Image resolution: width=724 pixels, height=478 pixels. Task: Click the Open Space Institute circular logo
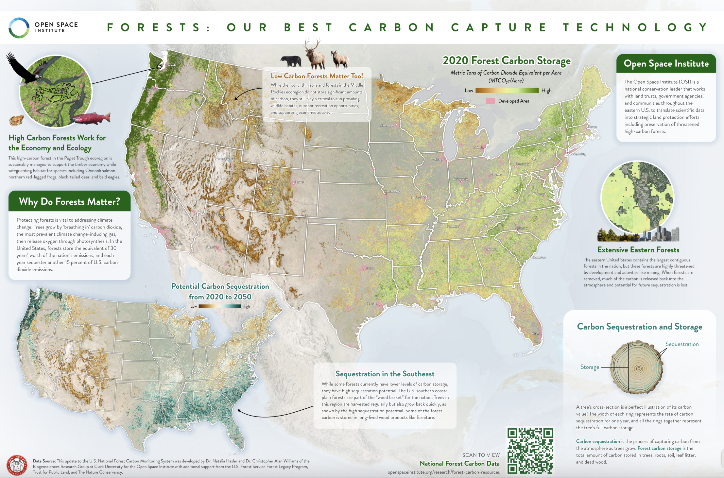click(x=19, y=28)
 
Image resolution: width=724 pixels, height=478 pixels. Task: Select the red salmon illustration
click(x=91, y=118)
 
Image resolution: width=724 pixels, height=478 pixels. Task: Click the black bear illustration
click(x=291, y=61)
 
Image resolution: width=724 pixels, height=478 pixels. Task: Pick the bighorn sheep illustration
click(x=340, y=59)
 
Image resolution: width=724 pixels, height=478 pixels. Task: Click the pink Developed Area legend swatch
click(x=490, y=101)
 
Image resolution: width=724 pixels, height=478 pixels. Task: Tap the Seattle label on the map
click(x=172, y=65)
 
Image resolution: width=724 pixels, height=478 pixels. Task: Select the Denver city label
click(x=299, y=182)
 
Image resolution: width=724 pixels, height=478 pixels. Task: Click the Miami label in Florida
click(x=536, y=334)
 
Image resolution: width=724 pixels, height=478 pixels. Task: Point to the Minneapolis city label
click(x=387, y=125)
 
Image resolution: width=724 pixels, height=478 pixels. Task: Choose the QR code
click(x=530, y=451)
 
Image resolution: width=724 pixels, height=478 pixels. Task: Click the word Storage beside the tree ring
click(x=590, y=367)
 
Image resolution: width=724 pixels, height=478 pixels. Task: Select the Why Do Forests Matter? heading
click(x=69, y=201)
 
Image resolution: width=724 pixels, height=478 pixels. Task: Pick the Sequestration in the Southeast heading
click(x=385, y=374)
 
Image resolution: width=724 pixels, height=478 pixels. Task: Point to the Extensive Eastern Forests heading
click(x=638, y=250)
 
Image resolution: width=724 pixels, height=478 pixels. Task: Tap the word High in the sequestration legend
click(x=246, y=306)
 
